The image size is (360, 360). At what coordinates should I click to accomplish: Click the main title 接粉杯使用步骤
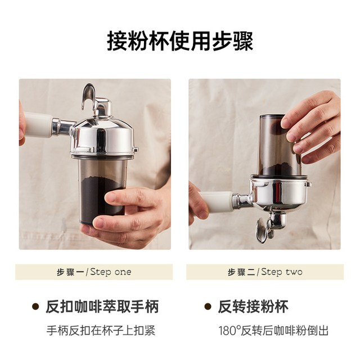(x=180, y=41)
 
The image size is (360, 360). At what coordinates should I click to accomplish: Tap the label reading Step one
(x=111, y=272)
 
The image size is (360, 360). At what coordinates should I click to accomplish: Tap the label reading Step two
(x=282, y=272)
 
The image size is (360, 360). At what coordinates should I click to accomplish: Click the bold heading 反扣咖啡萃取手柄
(x=102, y=307)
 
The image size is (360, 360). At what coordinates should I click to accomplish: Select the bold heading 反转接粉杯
(x=253, y=307)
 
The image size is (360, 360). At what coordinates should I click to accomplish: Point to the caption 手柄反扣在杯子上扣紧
(x=101, y=331)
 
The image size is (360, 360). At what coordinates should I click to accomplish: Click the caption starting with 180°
(x=273, y=331)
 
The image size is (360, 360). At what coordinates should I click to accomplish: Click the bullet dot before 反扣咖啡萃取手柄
(x=35, y=307)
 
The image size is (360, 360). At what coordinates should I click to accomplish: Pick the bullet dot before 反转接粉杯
(x=208, y=307)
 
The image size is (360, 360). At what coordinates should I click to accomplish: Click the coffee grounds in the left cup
(x=101, y=197)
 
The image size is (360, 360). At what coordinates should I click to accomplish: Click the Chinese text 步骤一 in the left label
(x=70, y=272)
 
